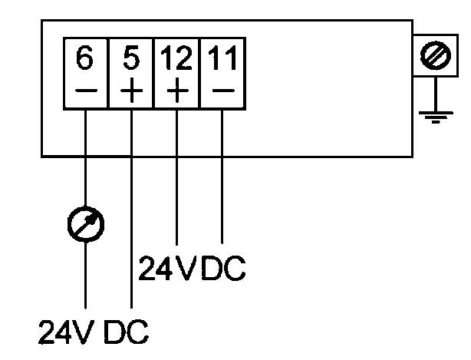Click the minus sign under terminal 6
pos(85,91)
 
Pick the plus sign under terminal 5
pos(131,91)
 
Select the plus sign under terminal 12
pos(177,91)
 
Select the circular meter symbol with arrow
pos(85,223)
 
